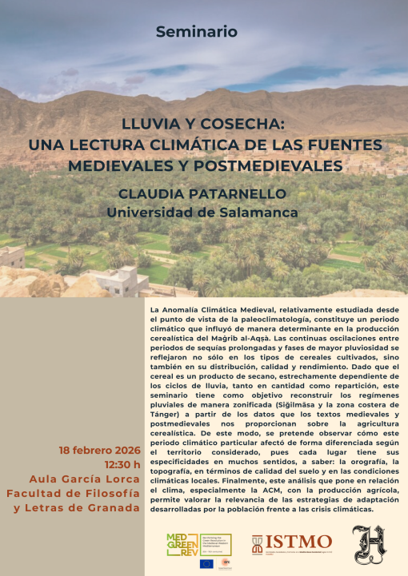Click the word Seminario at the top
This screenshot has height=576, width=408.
pyautogui.click(x=197, y=32)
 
